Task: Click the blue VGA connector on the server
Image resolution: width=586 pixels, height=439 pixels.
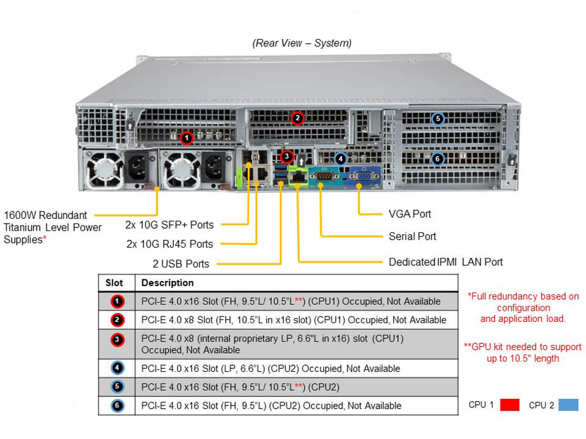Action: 362,177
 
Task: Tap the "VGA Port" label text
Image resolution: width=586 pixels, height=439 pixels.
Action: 410,214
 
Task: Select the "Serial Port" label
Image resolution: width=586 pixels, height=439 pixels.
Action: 412,236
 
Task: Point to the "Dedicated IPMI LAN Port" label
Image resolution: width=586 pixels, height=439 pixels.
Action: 446,262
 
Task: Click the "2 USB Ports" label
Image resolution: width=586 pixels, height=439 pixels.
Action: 181,264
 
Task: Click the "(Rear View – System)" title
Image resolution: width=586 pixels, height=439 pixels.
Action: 302,43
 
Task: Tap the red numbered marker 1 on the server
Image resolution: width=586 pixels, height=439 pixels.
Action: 187,138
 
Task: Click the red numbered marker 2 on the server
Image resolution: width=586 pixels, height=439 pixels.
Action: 297,118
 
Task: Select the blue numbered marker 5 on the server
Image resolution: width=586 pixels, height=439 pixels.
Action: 437,119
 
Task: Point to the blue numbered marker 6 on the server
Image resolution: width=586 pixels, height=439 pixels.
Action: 437,159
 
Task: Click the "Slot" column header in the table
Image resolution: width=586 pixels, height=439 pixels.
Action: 114,283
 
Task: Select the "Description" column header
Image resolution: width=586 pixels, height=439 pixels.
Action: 167,283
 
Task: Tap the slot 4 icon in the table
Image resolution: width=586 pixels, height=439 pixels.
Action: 118,368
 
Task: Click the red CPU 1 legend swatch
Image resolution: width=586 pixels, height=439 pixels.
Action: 510,405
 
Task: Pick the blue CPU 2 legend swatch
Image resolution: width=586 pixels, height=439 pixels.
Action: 568,405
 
